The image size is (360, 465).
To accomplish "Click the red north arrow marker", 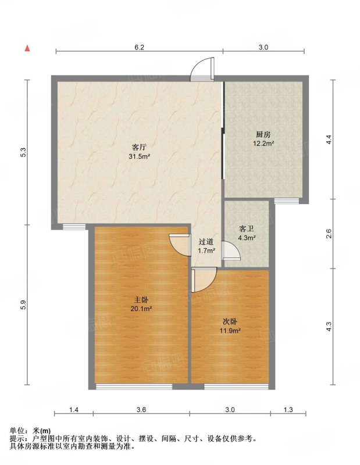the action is [27, 48].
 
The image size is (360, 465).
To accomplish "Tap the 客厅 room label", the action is [139, 147].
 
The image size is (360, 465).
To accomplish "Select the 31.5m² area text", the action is [139, 156].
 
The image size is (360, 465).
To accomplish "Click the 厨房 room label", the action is [263, 135].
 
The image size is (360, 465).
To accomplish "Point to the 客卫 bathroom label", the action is [247, 229].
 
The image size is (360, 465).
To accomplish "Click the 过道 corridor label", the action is [206, 242].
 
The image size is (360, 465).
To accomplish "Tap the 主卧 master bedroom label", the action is [141, 300].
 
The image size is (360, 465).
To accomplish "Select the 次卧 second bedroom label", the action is [230, 321].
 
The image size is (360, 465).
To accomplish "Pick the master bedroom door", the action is [180, 245].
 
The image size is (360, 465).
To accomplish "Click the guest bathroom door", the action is [231, 251].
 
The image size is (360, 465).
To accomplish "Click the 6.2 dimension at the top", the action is [139, 47].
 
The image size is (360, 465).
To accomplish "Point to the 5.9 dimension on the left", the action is [23, 305].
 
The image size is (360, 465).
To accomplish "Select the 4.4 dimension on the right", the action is [329, 139].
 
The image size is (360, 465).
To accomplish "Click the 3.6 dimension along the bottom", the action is [141, 410].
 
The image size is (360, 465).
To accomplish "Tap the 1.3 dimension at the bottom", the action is [288, 410].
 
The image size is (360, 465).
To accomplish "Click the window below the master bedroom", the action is [134, 387].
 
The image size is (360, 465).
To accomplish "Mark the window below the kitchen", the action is [286, 201].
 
